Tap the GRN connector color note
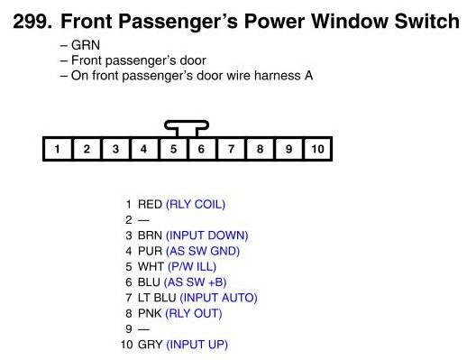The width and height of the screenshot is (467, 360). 86,45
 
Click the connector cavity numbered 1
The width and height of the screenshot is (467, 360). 58,149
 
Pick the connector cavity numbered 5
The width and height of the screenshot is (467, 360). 173,149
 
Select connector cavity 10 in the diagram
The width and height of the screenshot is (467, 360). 317,149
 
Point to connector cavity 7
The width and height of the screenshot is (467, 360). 231,149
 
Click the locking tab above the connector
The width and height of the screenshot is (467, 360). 187,125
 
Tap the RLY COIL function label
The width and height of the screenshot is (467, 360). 196,205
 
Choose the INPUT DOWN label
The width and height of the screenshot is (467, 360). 207,235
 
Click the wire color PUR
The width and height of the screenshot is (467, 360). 150,251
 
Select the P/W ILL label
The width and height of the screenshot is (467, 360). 192,267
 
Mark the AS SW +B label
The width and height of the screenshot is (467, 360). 195,282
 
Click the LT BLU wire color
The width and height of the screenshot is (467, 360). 157,298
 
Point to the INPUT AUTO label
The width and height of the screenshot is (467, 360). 218,298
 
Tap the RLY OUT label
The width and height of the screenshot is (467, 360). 194,313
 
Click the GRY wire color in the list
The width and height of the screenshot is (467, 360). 151,345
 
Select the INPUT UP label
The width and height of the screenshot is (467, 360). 197,345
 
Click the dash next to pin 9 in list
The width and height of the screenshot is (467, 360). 143,328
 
